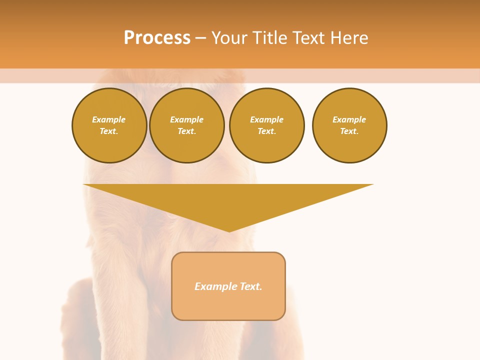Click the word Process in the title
(x=157, y=38)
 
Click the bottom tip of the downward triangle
(x=229, y=230)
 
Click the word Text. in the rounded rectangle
(x=250, y=286)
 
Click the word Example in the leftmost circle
(x=109, y=120)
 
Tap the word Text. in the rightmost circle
(x=349, y=131)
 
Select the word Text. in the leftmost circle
(x=109, y=131)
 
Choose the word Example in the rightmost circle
(x=349, y=120)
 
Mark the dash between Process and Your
(x=201, y=38)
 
